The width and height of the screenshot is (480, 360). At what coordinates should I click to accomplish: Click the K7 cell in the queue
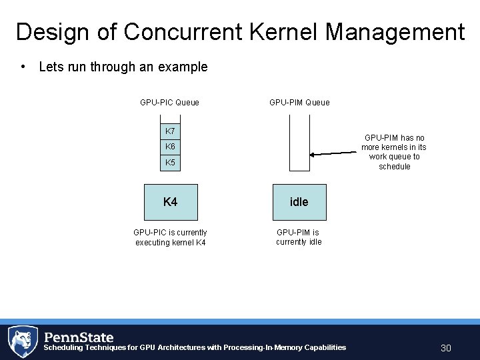[171, 131]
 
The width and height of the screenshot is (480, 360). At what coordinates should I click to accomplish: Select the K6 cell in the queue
[171, 147]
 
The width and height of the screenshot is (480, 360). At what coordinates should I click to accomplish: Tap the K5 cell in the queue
[171, 163]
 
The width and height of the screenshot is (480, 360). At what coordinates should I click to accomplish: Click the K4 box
[171, 202]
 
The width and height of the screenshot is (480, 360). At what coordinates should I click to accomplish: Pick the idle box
[299, 202]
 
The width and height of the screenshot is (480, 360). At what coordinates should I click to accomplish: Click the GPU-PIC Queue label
[169, 103]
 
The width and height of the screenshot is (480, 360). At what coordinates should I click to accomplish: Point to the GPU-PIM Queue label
[299, 103]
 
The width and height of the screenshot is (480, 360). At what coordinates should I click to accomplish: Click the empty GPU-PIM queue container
[299, 143]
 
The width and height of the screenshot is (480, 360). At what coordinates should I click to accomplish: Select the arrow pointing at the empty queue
[333, 153]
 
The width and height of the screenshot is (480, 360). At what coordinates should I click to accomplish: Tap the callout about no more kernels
[394, 152]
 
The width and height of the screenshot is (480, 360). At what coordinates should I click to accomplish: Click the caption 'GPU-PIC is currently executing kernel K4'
[170, 237]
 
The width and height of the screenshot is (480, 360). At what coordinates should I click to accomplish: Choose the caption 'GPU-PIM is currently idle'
[299, 237]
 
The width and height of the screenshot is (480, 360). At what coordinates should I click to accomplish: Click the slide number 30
[446, 348]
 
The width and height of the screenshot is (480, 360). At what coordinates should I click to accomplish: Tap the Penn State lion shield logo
[22, 341]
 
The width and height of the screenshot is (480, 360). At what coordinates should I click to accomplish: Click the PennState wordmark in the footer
[79, 337]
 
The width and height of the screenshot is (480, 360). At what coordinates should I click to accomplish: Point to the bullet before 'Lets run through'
[24, 67]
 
